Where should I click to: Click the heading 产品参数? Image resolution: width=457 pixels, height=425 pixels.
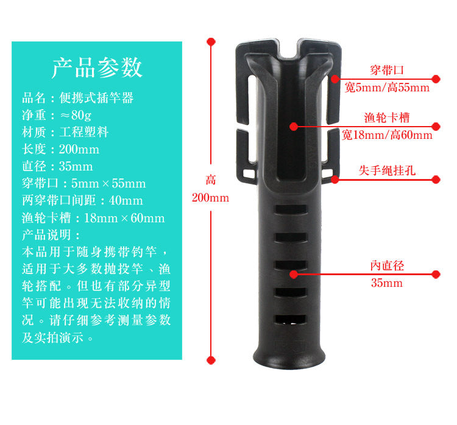97,68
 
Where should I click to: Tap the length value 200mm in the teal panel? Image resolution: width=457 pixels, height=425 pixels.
79,149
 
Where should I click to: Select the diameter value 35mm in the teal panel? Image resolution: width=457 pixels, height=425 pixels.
76,167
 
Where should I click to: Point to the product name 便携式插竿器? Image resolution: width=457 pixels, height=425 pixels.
96,98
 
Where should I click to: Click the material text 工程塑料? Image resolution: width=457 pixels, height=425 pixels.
84,132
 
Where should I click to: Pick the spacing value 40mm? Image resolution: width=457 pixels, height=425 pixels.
126,201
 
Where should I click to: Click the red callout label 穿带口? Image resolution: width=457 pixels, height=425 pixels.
387,70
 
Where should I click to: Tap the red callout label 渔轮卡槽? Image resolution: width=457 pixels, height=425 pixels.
387,118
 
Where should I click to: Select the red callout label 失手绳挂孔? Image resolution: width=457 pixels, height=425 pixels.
387,170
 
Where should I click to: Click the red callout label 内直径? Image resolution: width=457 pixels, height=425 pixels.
387,265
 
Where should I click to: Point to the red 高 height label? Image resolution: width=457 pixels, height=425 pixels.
210,180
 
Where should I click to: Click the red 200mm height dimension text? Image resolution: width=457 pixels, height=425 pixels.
210,198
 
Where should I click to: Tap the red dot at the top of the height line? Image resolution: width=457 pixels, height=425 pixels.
211,41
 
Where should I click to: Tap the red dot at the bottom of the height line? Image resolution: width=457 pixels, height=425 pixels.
211,360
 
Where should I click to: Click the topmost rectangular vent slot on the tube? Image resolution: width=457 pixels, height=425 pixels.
291,209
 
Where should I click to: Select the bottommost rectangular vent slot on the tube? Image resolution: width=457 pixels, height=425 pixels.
291,319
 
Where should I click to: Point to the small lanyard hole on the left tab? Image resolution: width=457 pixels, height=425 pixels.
249,174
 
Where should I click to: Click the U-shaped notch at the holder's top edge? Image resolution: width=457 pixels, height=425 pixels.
289,50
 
